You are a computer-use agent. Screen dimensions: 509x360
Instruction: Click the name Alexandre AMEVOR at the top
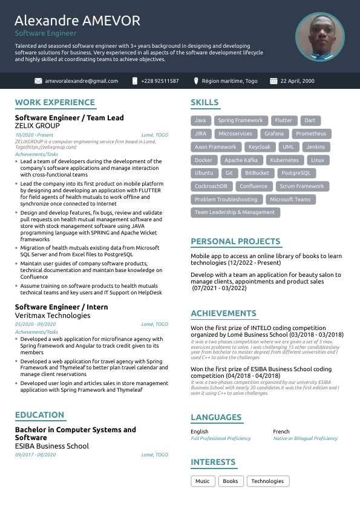tap(77, 21)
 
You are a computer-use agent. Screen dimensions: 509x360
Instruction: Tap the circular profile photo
tap(319, 37)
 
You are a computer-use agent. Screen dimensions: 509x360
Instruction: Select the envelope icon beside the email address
tap(38, 81)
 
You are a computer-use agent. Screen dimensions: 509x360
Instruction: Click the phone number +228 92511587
tap(160, 81)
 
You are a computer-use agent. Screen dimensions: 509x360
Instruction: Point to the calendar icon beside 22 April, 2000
tap(273, 81)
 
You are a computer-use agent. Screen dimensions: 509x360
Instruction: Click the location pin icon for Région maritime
tap(196, 81)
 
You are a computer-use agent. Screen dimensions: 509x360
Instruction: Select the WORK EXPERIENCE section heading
tap(55, 103)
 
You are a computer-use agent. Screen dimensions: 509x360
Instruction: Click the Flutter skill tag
tap(283, 120)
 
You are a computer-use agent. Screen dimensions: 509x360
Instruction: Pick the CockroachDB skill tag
tap(211, 187)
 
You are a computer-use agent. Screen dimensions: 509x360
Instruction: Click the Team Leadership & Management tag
tap(235, 213)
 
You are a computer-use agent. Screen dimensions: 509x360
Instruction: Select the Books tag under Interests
tap(230, 481)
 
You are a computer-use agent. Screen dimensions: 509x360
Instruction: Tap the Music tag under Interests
tap(203, 481)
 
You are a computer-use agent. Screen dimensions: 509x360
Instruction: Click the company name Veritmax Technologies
tap(53, 316)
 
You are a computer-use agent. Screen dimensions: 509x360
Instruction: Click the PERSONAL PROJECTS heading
tap(235, 242)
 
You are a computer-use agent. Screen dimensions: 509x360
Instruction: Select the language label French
tap(281, 432)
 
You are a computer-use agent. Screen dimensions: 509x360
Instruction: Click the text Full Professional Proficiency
tap(220, 438)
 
